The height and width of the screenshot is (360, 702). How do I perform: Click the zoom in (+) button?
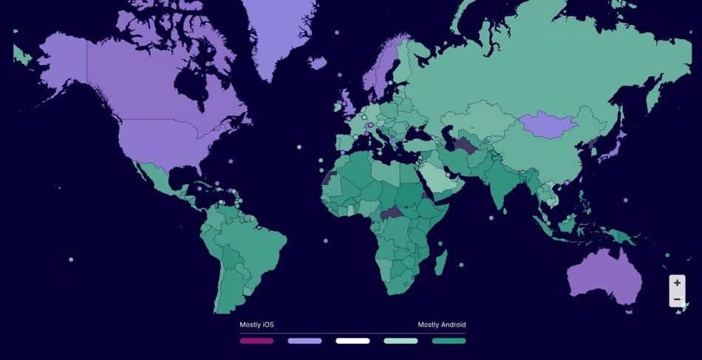point(677,283)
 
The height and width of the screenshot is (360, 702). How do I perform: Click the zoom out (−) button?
point(677,299)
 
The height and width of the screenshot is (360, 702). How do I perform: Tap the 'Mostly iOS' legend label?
point(256,325)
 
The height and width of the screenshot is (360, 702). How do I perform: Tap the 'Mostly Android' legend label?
point(442,325)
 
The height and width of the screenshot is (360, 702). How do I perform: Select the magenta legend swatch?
point(256,341)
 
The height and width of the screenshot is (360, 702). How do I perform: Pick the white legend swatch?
point(352,341)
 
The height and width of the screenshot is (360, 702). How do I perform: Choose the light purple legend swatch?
point(304,341)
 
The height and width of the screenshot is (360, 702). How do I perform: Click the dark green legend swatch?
point(449,341)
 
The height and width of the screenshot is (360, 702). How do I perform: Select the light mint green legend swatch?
point(401,341)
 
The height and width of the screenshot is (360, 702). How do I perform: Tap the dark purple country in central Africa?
point(393,214)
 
